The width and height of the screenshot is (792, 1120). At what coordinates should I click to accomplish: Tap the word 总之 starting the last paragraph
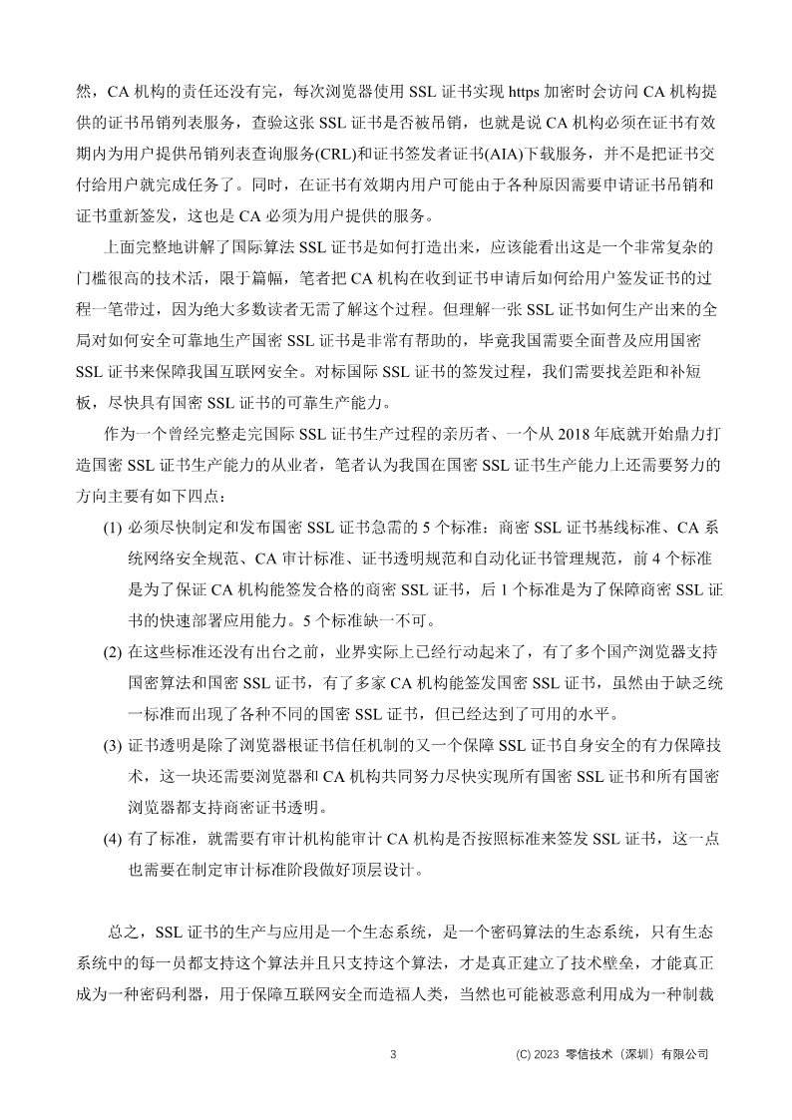coord(123,933)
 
